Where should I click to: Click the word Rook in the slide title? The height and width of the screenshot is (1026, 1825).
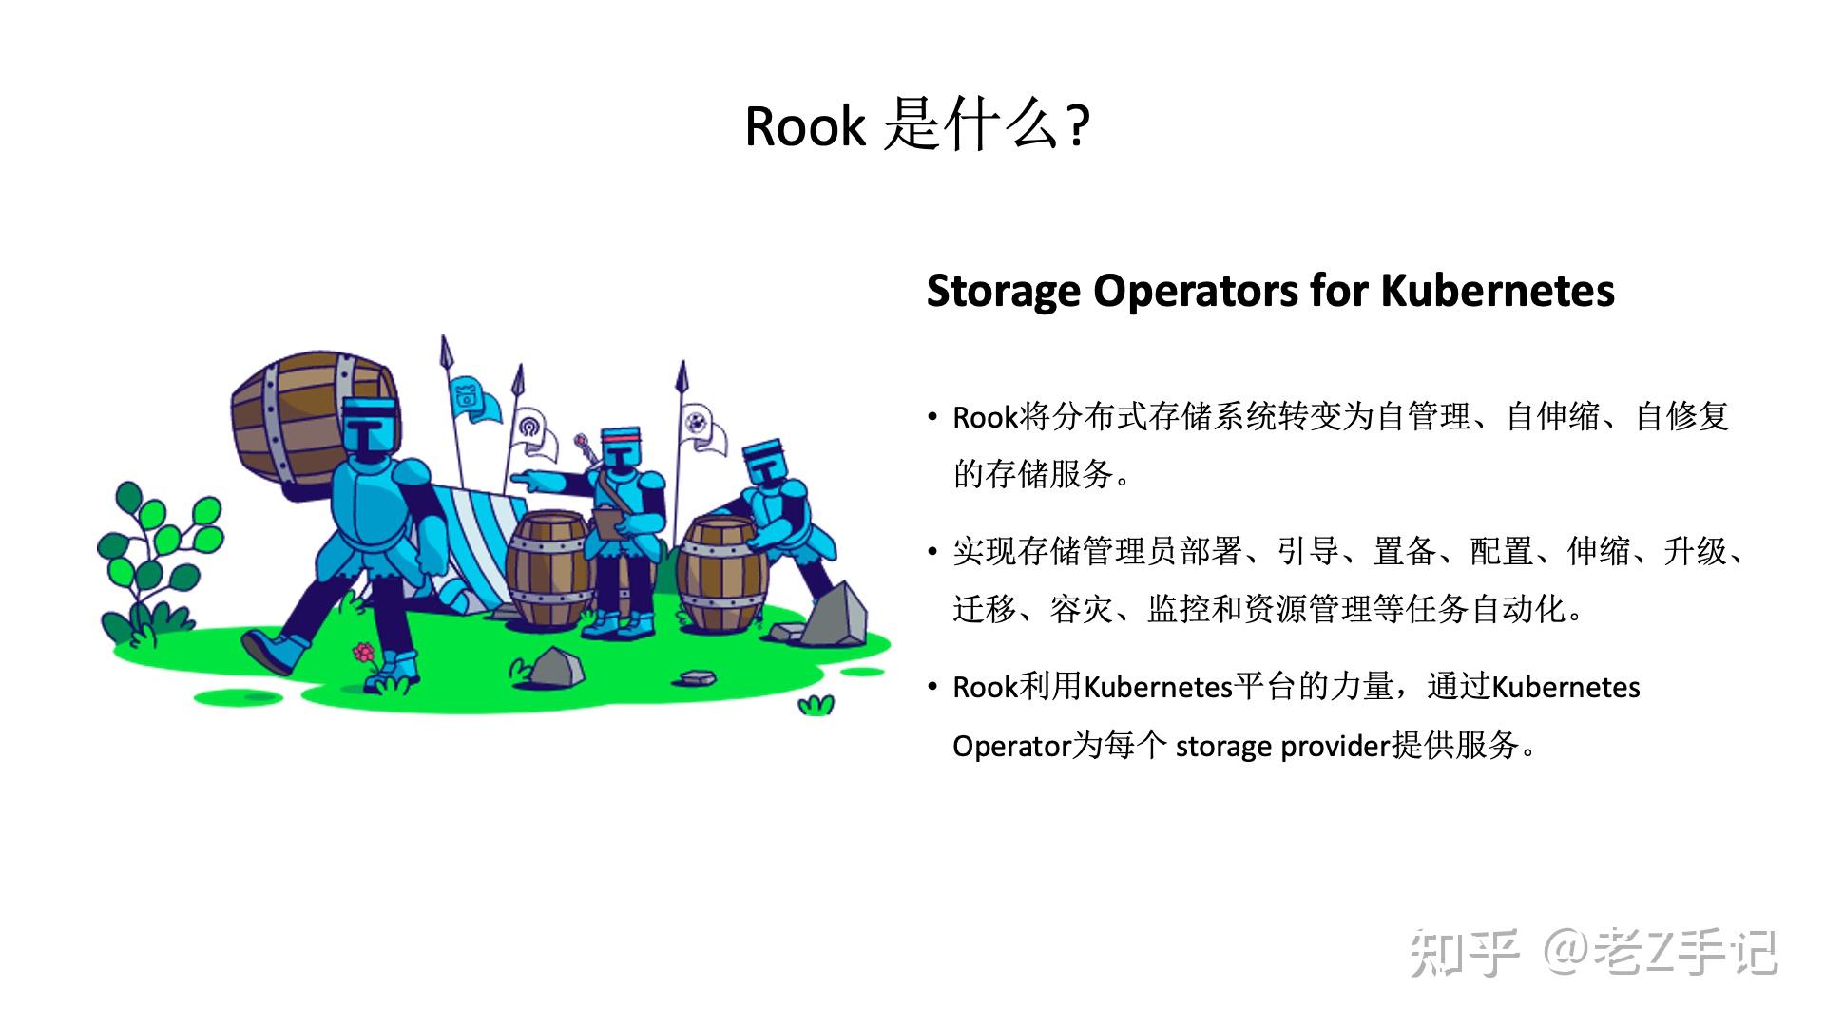tap(805, 126)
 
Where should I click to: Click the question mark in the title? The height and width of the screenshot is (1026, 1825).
tap(1078, 126)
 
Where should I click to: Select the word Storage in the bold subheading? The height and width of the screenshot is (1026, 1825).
tap(1004, 291)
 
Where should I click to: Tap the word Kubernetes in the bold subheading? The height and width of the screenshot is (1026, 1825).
tap(1497, 291)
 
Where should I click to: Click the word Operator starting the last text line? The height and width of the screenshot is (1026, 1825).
tap(1011, 747)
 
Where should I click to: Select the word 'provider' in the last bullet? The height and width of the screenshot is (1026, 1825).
tap(1335, 747)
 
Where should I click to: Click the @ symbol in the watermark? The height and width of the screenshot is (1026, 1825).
tap(1567, 951)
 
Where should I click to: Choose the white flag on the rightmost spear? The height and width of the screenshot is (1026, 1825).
tap(702, 427)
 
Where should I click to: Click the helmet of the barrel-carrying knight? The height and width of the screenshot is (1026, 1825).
tap(368, 428)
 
